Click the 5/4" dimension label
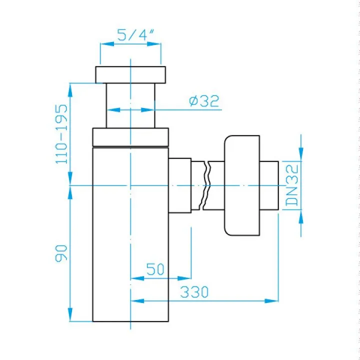(x=135, y=35)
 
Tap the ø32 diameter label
(x=204, y=101)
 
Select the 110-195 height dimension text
(x=61, y=134)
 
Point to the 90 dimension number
(x=61, y=253)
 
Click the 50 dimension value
(x=155, y=269)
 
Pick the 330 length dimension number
(x=194, y=292)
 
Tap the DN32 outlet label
(x=292, y=185)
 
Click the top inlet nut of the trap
(x=130, y=75)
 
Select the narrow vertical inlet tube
(x=130, y=105)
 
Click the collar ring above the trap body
(x=130, y=137)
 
